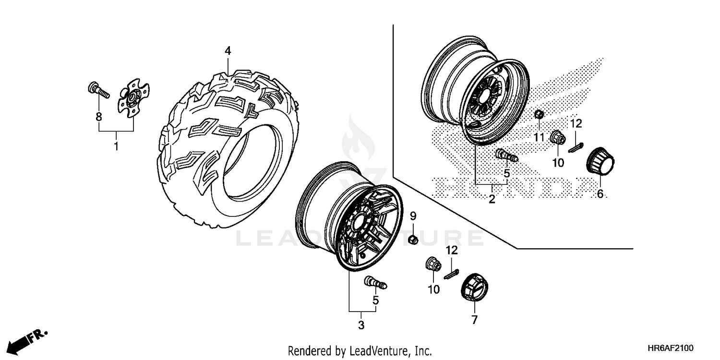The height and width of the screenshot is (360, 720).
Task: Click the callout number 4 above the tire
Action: point(228,51)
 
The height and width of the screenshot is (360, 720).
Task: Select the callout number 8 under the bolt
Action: point(99,116)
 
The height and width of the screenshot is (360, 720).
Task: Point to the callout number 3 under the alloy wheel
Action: point(361,325)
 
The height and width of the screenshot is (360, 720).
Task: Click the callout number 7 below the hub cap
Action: point(475,320)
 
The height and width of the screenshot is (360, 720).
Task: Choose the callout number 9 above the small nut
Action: point(413,217)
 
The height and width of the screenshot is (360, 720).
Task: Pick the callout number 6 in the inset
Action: point(600,194)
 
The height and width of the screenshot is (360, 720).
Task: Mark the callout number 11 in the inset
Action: point(540,138)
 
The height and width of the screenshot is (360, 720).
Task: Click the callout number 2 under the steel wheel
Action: point(492,200)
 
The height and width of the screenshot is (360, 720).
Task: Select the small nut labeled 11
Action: point(539,115)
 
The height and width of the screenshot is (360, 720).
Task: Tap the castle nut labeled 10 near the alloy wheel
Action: point(432,264)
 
